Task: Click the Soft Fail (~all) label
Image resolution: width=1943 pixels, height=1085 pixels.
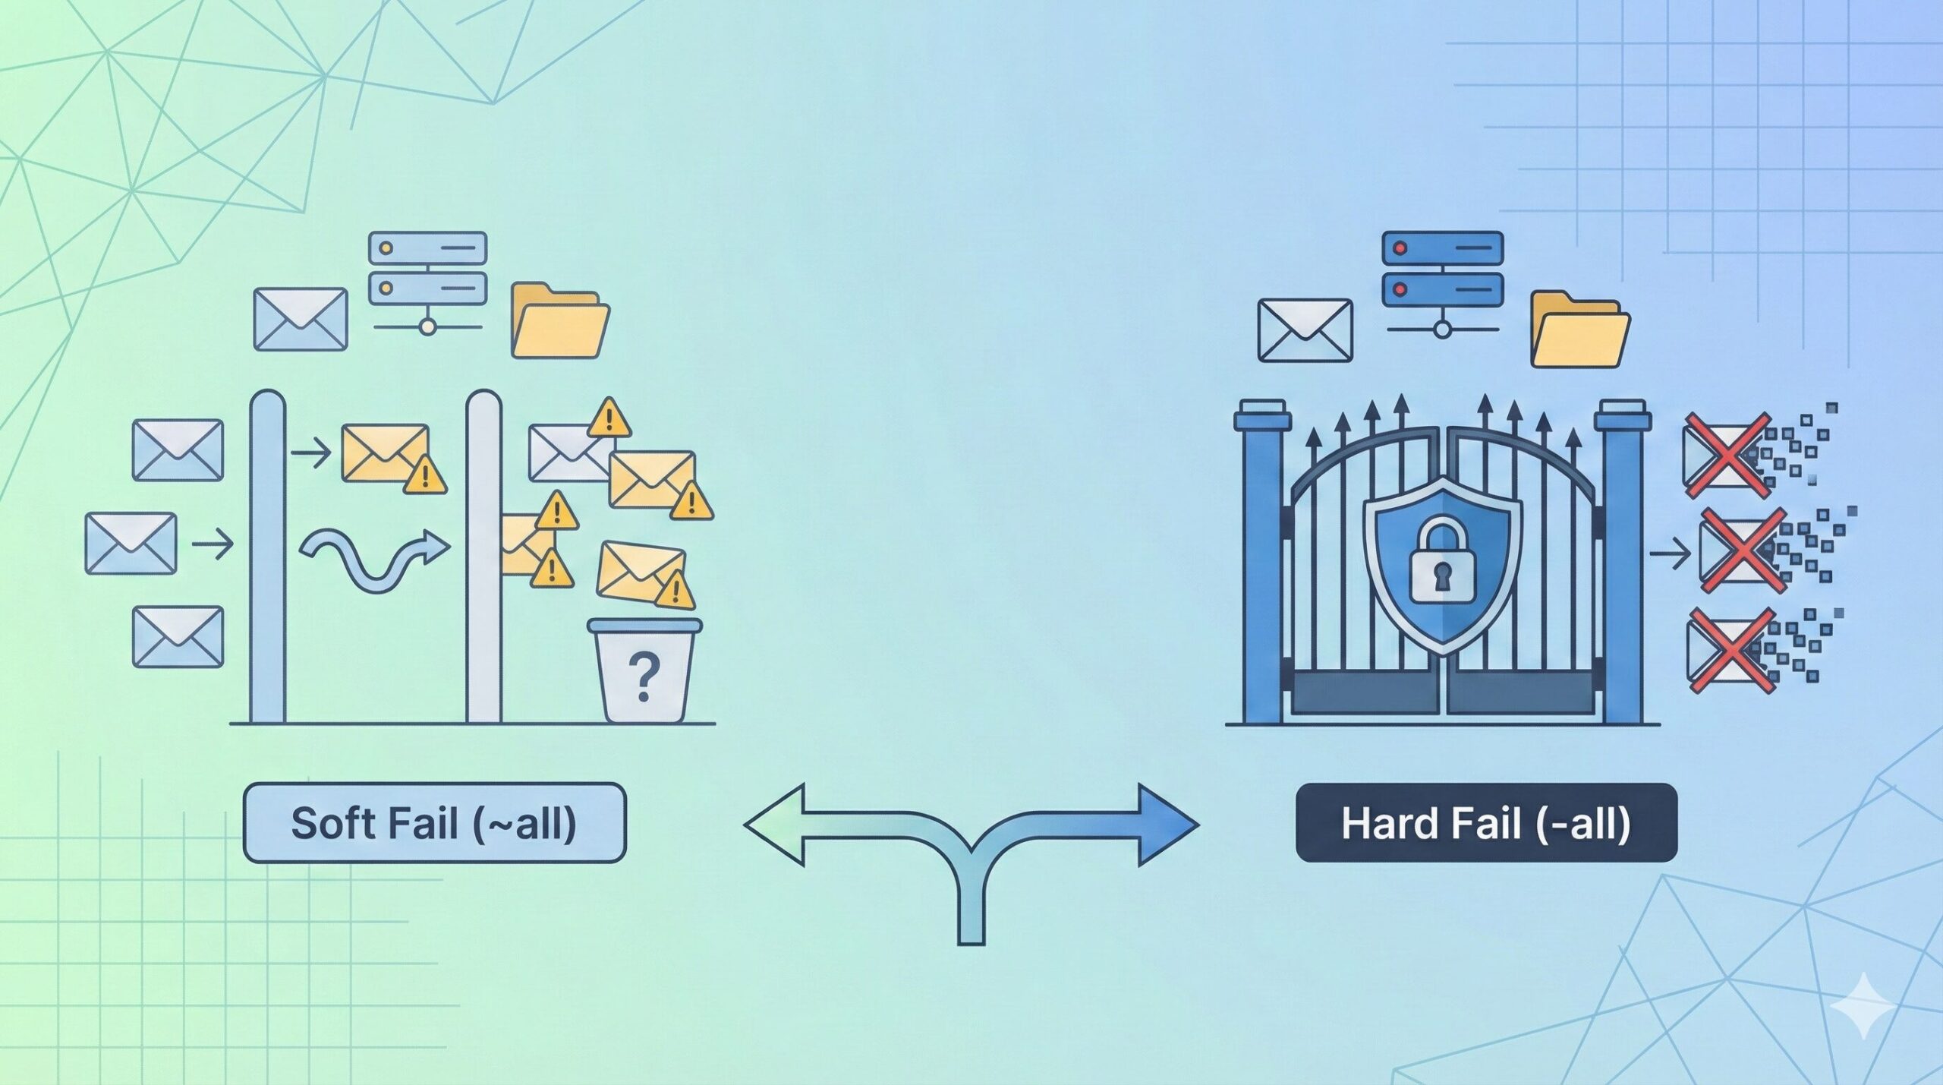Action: click(434, 823)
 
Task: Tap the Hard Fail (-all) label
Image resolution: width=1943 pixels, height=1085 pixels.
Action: click(1485, 823)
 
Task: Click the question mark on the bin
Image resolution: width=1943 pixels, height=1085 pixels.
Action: click(644, 678)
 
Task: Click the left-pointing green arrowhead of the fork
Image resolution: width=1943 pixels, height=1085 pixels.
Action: click(774, 825)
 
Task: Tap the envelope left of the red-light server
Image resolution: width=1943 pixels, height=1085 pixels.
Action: click(1305, 330)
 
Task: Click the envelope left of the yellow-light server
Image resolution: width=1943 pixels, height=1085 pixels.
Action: click(300, 319)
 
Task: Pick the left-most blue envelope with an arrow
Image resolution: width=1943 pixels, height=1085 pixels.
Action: click(131, 543)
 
